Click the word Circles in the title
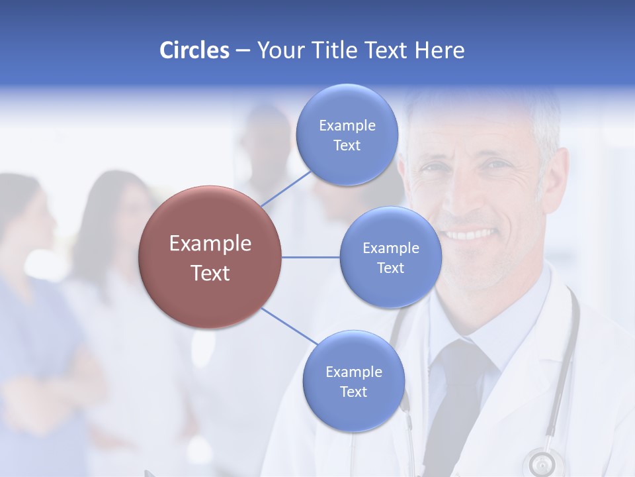[194, 50]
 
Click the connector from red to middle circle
[311, 257]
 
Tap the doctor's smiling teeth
[471, 235]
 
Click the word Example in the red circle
[210, 244]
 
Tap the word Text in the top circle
[347, 146]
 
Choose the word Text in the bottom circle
[353, 392]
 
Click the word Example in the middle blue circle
[390, 248]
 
